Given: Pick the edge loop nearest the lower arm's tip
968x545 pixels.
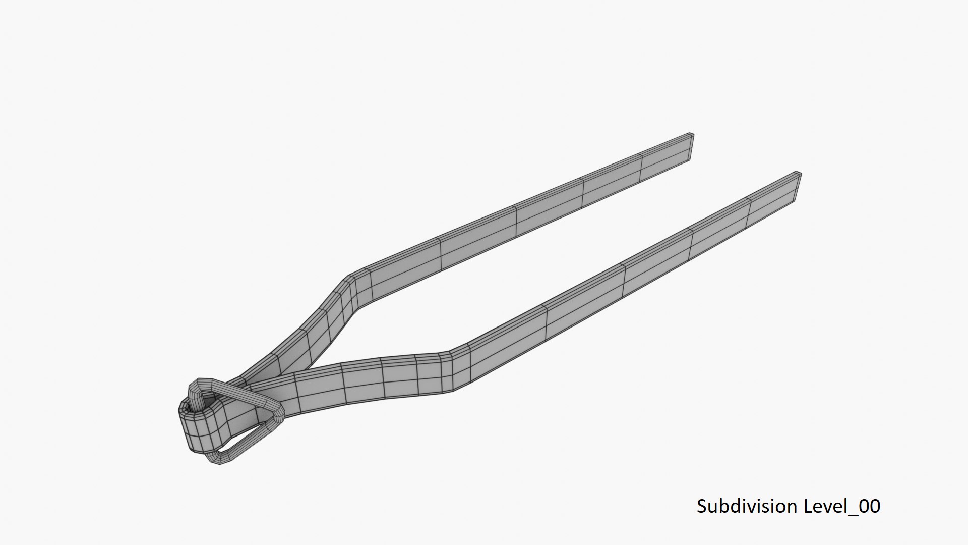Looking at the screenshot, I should [749, 211].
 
